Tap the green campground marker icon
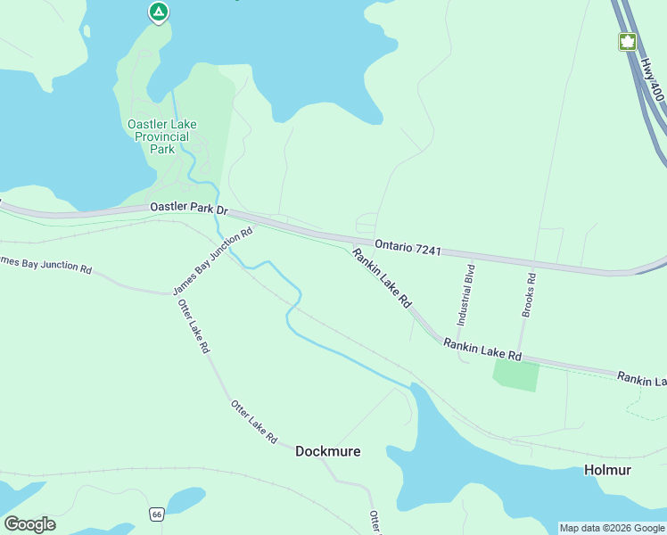point(158,12)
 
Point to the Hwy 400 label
point(653,79)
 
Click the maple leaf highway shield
point(627,41)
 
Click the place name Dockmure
point(328,451)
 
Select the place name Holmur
point(607,470)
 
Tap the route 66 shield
point(157,514)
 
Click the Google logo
point(29,523)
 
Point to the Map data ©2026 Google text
point(612,528)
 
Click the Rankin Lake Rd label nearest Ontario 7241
point(381,279)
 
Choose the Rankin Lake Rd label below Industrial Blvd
point(482,349)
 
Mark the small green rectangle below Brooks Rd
point(516,376)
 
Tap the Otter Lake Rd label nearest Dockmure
point(255,423)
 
